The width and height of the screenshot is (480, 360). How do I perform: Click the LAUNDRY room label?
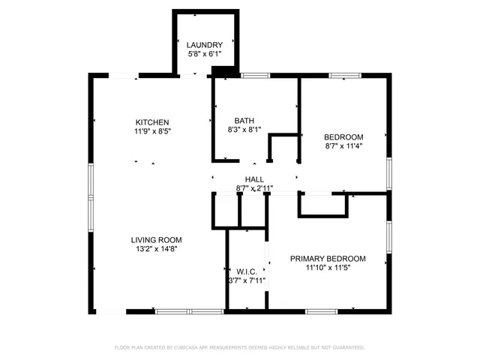point(204,45)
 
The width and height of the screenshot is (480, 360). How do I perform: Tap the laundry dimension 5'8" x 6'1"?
point(204,55)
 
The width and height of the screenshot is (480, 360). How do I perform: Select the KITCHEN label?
point(152,122)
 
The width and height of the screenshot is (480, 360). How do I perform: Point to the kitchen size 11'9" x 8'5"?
point(152,131)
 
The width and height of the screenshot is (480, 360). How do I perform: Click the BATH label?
point(244,120)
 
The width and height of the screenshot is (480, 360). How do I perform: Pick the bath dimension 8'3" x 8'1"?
point(244,129)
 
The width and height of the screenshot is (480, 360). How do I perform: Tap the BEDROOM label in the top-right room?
point(343,136)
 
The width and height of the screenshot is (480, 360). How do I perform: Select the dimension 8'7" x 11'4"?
point(343,146)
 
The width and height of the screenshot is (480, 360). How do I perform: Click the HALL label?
point(254,179)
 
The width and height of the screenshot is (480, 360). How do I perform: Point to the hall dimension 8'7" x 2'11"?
point(254,188)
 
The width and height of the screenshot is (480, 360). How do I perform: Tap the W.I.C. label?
point(247,271)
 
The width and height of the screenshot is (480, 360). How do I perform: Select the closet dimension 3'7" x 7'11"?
point(247,280)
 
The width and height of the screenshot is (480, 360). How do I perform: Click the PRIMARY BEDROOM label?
point(328,258)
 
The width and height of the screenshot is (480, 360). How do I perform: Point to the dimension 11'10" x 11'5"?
point(328,267)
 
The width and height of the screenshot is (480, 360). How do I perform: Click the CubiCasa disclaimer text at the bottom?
point(239,347)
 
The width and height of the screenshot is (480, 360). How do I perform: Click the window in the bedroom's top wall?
point(345,75)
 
